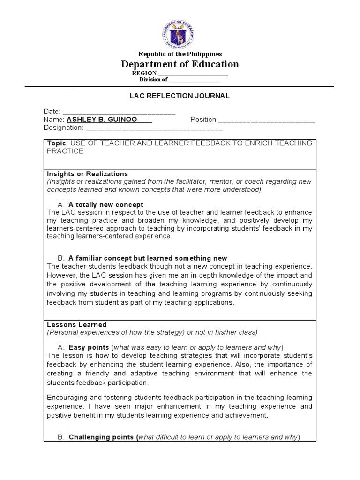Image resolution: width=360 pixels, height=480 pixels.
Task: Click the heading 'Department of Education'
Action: (180, 64)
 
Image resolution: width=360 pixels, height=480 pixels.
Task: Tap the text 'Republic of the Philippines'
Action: (180, 54)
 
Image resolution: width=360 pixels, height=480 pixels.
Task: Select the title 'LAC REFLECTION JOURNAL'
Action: (180, 96)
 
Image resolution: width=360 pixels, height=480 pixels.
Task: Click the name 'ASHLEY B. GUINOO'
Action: (102, 120)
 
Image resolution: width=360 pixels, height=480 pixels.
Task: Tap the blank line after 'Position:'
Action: (266, 120)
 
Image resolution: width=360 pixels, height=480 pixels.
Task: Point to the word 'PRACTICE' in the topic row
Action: (65, 151)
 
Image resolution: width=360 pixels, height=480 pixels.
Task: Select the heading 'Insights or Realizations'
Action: (87, 174)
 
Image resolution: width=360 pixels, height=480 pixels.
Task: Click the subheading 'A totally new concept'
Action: (105, 205)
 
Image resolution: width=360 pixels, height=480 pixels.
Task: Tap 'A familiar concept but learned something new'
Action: (147, 258)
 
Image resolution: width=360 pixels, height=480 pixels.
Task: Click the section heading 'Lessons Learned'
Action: (77, 324)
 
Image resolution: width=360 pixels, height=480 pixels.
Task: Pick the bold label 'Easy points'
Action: (89, 347)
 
